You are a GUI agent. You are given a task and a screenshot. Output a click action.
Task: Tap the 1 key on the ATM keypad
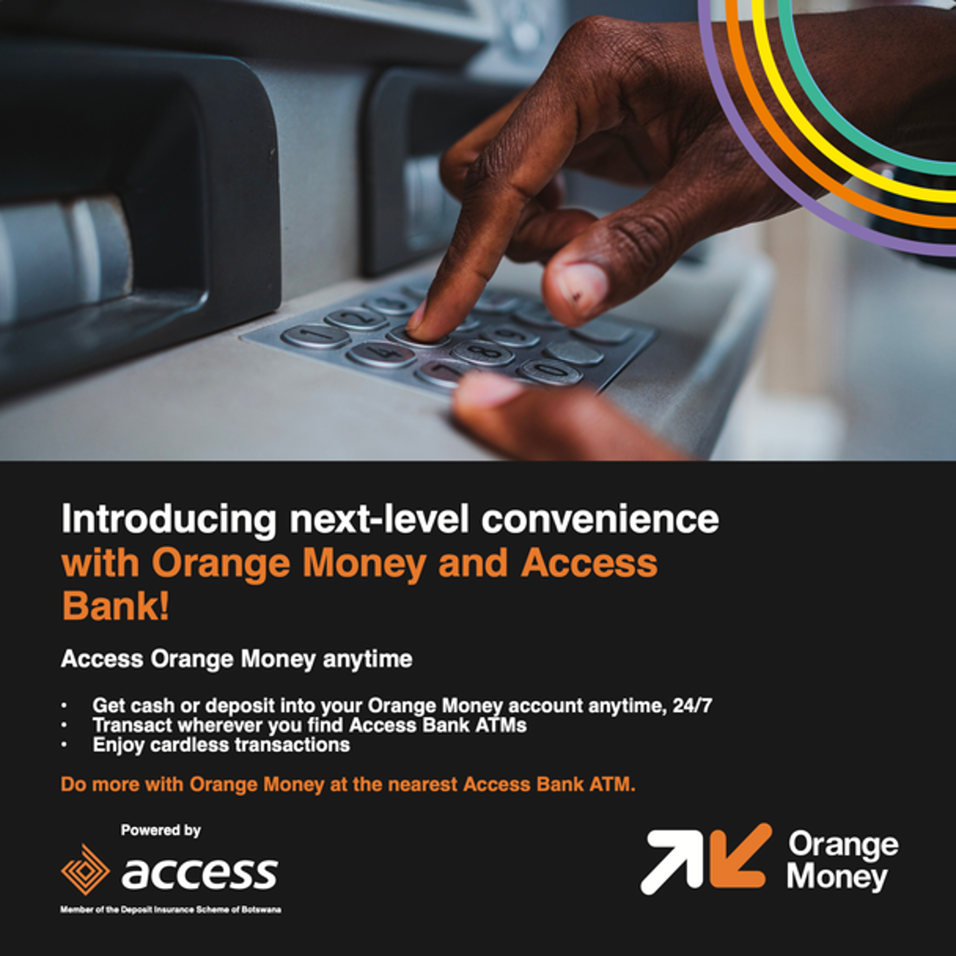point(315,336)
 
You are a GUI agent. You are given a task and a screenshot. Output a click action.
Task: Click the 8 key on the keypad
point(482,352)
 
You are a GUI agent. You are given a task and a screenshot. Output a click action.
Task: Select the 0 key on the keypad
point(550,371)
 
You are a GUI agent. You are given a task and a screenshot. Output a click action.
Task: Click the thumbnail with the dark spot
point(581,289)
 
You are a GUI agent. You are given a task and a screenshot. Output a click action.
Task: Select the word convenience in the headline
point(600,519)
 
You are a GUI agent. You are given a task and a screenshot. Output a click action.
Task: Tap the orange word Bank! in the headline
point(116,606)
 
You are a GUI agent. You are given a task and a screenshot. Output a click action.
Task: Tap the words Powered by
point(161,830)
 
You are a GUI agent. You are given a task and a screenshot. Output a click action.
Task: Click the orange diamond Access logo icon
point(85,869)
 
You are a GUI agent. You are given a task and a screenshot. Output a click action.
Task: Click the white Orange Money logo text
point(843,861)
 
